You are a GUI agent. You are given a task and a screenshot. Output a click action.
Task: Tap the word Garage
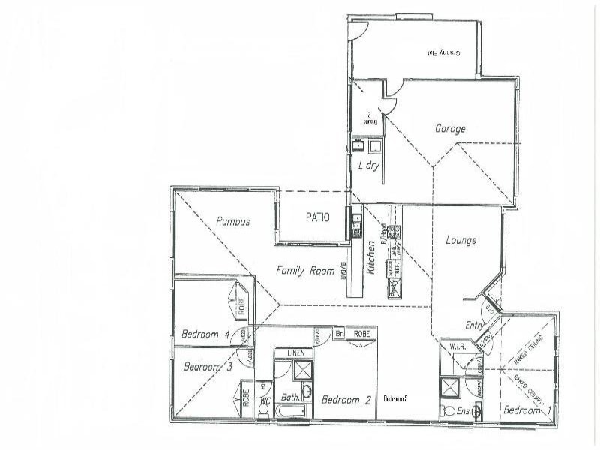point(450,129)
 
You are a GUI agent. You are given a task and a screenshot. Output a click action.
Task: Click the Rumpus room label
point(232,221)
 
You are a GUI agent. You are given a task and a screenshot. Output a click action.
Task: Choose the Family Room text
point(304,271)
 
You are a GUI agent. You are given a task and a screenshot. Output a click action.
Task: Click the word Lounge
point(460,240)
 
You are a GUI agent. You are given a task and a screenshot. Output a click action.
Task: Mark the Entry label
point(474,325)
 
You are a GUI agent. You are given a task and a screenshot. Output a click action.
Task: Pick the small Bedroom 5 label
point(394,397)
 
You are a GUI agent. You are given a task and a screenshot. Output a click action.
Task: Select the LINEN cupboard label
point(296,352)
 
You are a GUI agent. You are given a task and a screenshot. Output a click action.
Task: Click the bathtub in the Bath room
point(291,411)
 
